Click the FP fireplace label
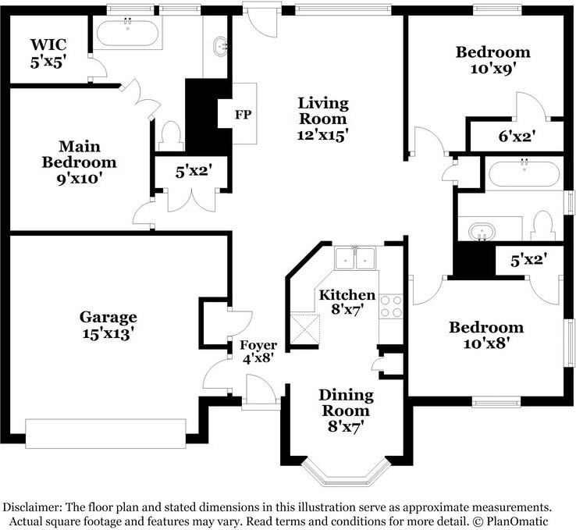tap(244, 115)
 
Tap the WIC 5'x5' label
tap(48, 53)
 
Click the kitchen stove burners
tap(391, 306)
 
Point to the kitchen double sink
tap(355, 258)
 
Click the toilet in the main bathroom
tap(171, 136)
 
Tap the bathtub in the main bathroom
tap(127, 33)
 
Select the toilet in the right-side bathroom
tap(544, 226)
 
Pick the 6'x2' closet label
tap(517, 137)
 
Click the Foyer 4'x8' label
tap(258, 351)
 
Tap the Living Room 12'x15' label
tap(323, 119)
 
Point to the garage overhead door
tap(105, 433)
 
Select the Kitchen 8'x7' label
tap(347, 302)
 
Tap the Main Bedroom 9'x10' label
tap(79, 162)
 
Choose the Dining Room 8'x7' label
tap(346, 411)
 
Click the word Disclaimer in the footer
tap(32, 507)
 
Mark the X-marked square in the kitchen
tap(305, 329)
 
